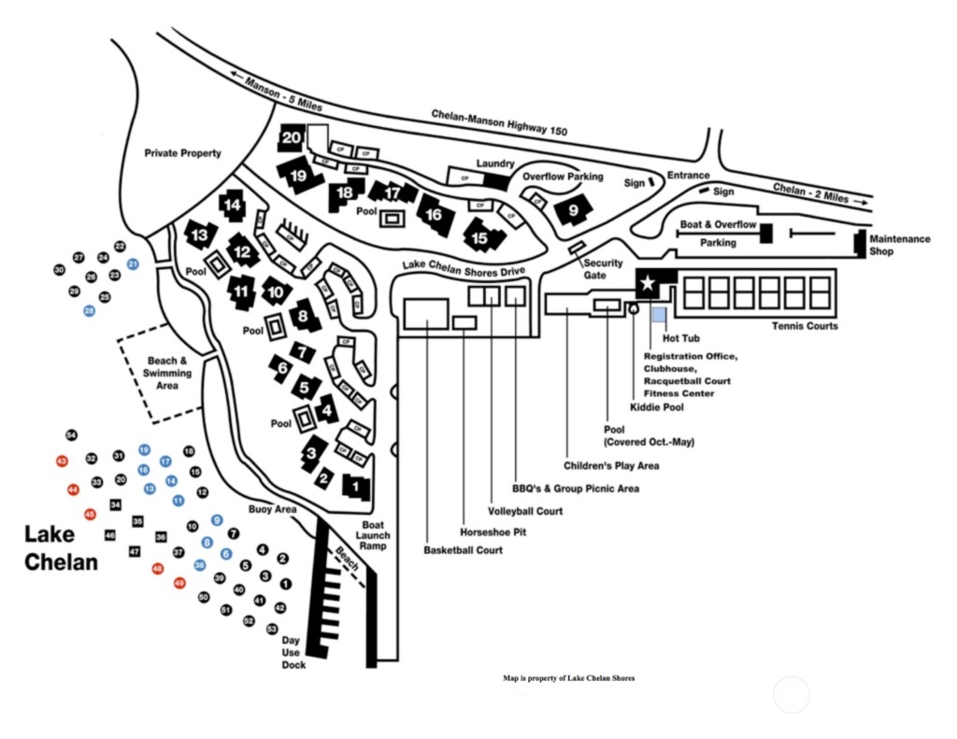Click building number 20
292,138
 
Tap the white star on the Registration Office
647,281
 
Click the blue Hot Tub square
659,316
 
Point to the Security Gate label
603,269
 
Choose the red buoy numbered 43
62,462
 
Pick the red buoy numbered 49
180,583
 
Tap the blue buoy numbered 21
133,264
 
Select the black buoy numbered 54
71,435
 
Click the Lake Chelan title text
61,548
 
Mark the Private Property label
183,153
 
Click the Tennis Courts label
805,326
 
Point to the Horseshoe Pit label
492,531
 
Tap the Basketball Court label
464,550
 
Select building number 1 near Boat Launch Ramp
356,486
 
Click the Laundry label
495,163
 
